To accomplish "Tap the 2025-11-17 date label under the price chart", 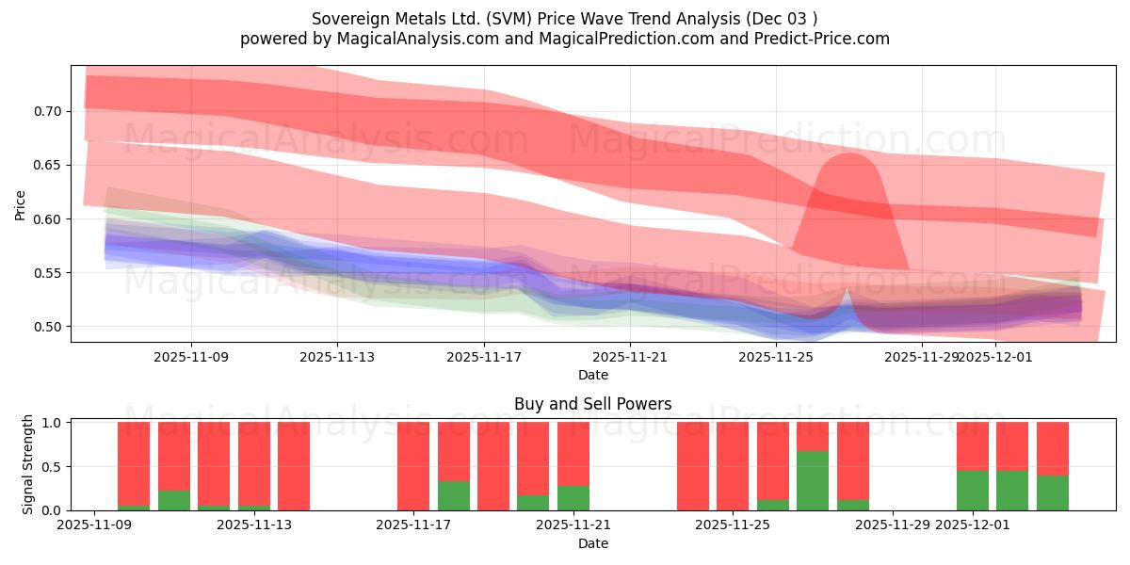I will [483, 358].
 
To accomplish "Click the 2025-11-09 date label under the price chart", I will [191, 358].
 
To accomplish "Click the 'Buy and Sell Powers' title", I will [592, 404].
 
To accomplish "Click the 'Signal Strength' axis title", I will [28, 465].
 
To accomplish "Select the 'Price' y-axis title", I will [21, 203].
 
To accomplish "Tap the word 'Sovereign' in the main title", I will [348, 19].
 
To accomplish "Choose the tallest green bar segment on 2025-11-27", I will [813, 480].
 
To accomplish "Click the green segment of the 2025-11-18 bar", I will [454, 495].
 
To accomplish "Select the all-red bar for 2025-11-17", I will [413, 466].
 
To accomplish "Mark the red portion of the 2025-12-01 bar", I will [973, 446].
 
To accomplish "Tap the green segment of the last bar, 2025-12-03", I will [1053, 492].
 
